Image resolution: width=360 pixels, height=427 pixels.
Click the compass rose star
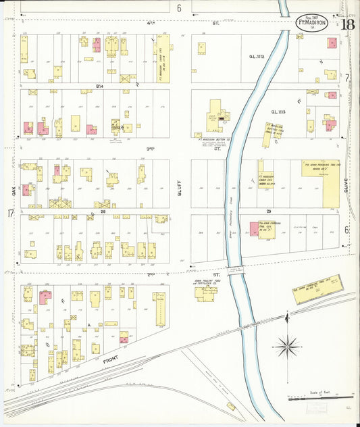point(288,347)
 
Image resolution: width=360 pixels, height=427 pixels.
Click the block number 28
point(103,211)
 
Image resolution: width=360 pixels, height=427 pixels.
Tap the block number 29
point(268,211)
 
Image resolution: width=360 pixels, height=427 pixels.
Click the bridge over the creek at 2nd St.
point(236,271)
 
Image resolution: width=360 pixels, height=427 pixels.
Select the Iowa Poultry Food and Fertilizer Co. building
point(206,294)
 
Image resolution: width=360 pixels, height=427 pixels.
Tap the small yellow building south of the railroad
point(231,406)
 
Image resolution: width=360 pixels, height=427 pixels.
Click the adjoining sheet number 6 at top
point(180,8)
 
